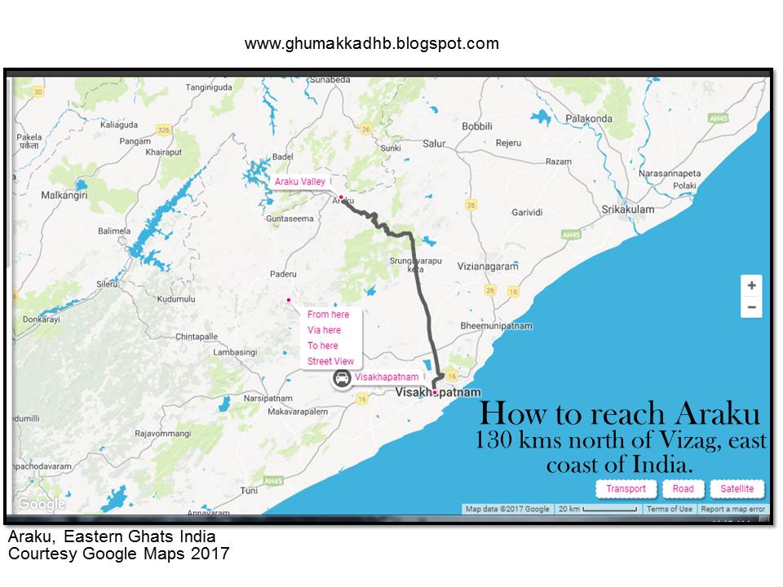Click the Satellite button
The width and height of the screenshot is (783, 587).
[737, 489]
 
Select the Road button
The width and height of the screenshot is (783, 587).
[683, 489]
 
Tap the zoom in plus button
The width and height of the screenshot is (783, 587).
[751, 285]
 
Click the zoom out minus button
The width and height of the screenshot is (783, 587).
[751, 307]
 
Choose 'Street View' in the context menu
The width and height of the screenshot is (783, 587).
[330, 361]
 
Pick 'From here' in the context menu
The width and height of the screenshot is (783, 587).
[328, 315]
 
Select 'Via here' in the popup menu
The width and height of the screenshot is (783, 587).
[324, 330]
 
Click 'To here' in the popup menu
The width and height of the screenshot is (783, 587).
[322, 346]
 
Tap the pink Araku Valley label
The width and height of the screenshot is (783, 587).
[299, 182]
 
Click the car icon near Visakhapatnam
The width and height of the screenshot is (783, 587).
[343, 378]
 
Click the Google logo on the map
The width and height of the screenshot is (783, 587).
[41, 504]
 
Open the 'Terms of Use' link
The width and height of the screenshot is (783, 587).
[669, 509]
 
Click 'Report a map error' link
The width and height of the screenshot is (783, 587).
[732, 509]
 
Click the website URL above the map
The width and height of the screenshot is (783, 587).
[371, 43]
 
